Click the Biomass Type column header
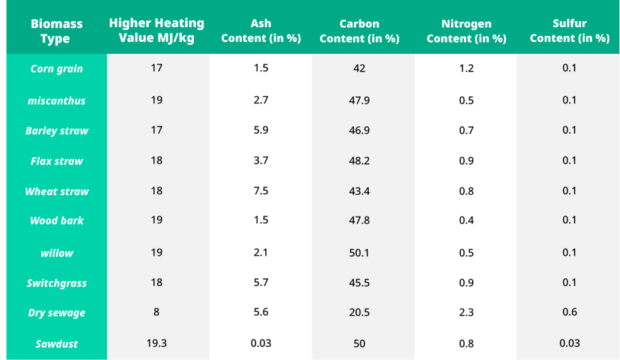coord(56,31)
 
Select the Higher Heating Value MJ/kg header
coord(157,30)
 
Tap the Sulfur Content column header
coord(569,31)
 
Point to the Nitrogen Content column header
coord(466,31)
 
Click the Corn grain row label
coord(56,69)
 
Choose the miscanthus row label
coord(56,100)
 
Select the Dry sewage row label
coord(56,313)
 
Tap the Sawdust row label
coord(56,344)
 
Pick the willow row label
coord(56,253)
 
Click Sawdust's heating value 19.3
coord(157,343)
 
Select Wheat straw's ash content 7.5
coord(261,191)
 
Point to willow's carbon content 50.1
coord(359,252)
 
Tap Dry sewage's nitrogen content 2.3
coord(466,312)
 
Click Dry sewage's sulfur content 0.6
coord(569,312)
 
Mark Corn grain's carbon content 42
coord(359,68)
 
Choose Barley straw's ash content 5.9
coord(261,130)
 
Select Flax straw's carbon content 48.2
coord(359,160)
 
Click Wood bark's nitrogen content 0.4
coord(466,220)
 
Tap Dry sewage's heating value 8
coord(157,312)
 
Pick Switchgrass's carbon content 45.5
coord(359,283)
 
